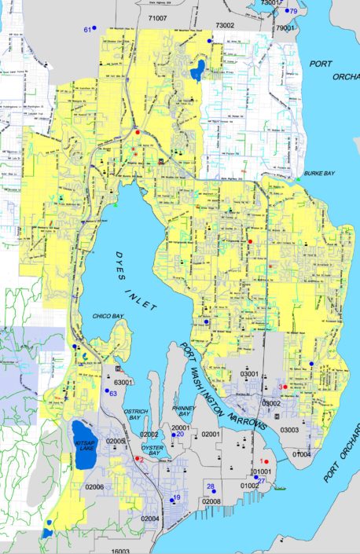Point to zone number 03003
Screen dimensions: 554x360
tap(292, 431)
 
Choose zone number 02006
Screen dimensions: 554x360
tap(94, 488)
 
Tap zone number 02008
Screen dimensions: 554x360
tap(210, 501)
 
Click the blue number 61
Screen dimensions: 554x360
tap(88, 30)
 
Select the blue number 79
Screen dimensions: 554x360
tap(292, 12)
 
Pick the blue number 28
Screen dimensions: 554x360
tap(210, 486)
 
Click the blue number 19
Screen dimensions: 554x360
tap(177, 498)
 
